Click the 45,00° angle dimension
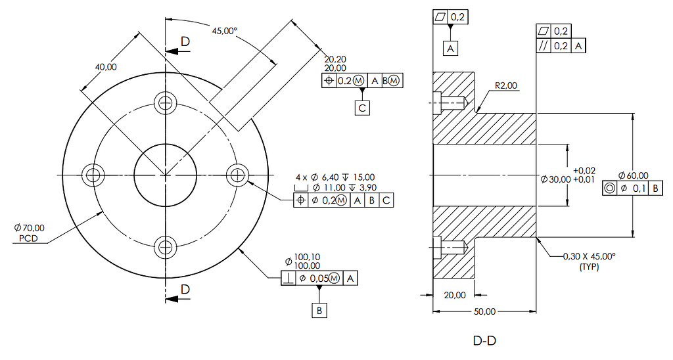click(x=223, y=30)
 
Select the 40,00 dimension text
click(x=106, y=66)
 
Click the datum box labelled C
click(x=362, y=107)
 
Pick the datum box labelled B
click(x=319, y=310)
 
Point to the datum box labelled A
click(x=450, y=48)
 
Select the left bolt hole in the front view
click(x=93, y=175)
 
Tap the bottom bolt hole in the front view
click(x=164, y=248)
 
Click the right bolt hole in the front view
click(x=236, y=175)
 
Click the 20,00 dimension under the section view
click(x=455, y=296)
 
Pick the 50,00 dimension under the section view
click(x=484, y=311)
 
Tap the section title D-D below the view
click(x=484, y=341)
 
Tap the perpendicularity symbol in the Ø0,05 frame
click(x=288, y=279)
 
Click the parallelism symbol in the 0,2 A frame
click(x=544, y=45)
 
